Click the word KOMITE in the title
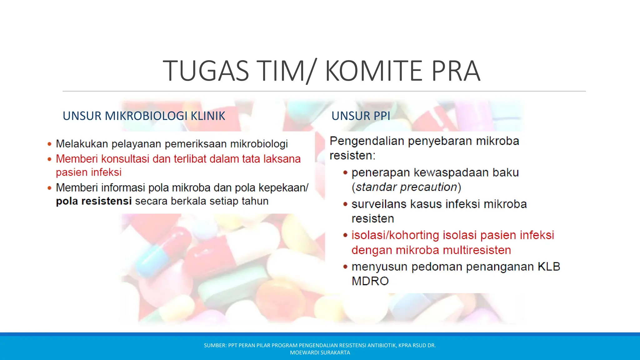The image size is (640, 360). tap(374, 71)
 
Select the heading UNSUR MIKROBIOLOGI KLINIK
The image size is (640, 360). tap(144, 116)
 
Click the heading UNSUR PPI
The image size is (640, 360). tap(361, 116)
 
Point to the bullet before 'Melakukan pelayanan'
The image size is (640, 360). tap(49, 144)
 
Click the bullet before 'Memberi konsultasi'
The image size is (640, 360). tap(49, 159)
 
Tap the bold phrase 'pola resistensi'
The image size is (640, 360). tap(94, 201)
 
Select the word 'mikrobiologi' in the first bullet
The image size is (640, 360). tap(259, 144)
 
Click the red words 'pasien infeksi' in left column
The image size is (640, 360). tap(89, 172)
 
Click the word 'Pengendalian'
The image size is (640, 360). tap(367, 141)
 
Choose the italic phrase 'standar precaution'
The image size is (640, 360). tap(406, 187)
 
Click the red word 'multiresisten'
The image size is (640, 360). tap(477, 250)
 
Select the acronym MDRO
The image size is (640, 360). tap(370, 281)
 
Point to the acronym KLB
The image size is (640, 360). tap(549, 267)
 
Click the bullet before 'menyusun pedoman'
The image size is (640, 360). tap(345, 267)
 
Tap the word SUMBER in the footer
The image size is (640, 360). tap(215, 345)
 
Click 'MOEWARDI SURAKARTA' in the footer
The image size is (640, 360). tap(320, 352)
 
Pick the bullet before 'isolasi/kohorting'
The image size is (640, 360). tap(345, 235)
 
